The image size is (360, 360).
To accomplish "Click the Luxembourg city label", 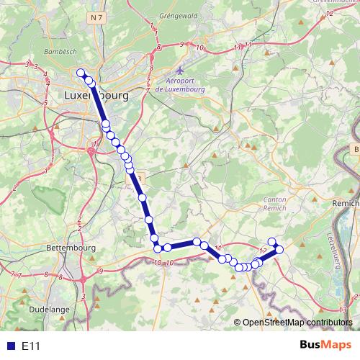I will click(96, 95).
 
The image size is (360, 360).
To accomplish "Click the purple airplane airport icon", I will click(180, 72).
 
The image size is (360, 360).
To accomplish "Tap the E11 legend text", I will click(31, 346).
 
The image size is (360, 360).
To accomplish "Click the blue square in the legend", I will click(9, 346).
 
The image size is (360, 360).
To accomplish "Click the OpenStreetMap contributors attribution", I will click(297, 323).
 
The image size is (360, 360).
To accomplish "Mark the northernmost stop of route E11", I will click(81, 72).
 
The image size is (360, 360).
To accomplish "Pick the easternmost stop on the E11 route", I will click(279, 249).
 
